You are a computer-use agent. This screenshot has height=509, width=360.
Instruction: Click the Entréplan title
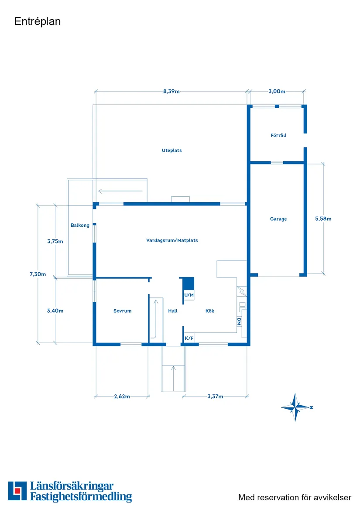pyautogui.click(x=38, y=21)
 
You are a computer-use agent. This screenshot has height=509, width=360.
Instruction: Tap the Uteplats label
pyautogui.click(x=172, y=150)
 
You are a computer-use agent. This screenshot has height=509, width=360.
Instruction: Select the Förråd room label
pyautogui.click(x=278, y=135)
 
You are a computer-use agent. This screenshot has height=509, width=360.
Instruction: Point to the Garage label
pyautogui.click(x=278, y=219)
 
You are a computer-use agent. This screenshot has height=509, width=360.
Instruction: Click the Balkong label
pyautogui.click(x=80, y=225)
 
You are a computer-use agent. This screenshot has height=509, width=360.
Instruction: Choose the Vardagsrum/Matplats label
pyautogui.click(x=172, y=240)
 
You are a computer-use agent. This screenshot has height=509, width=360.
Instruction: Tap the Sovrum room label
pyautogui.click(x=123, y=311)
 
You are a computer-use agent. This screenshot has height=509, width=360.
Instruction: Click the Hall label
pyautogui.click(x=173, y=311)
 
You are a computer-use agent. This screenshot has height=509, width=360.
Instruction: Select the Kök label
pyautogui.click(x=210, y=311)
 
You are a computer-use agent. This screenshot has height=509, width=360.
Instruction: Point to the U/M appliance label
pyautogui.click(x=189, y=295)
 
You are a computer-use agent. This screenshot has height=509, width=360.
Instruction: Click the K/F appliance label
pyautogui.click(x=189, y=338)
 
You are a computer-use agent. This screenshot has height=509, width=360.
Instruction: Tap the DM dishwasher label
pyautogui.click(x=239, y=322)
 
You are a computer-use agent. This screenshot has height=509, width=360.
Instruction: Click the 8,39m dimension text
pyautogui.click(x=171, y=92)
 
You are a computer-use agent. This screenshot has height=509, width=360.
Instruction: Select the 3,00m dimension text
pyautogui.click(x=277, y=92)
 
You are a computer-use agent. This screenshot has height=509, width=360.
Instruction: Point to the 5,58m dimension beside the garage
pyautogui.click(x=323, y=219)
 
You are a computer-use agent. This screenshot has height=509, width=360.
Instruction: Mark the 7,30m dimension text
pyautogui.click(x=38, y=274)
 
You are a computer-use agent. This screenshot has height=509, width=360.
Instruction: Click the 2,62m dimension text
pyautogui.click(x=122, y=396)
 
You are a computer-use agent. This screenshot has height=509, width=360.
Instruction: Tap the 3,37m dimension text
pyautogui.click(x=215, y=396)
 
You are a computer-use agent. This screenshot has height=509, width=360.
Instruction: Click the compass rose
pyautogui.click(x=296, y=407)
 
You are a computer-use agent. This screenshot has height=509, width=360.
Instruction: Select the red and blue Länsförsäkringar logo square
pyautogui.click(x=17, y=491)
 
